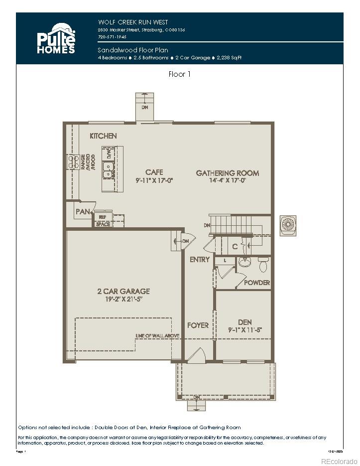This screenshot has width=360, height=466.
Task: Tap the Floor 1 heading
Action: (x=179, y=74)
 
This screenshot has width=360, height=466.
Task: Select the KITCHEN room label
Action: (x=103, y=136)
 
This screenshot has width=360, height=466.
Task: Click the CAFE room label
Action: (x=154, y=172)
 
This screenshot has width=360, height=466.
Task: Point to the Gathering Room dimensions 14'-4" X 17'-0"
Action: (x=228, y=180)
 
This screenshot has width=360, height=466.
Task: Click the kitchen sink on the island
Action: (x=107, y=169)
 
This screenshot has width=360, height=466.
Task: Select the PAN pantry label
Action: (x=82, y=212)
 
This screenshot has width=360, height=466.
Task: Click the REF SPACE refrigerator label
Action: (x=103, y=221)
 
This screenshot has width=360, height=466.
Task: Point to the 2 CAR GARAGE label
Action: (x=123, y=291)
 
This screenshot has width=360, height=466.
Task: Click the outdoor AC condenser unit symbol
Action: (x=288, y=224)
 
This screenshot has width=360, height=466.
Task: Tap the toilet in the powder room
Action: (x=263, y=263)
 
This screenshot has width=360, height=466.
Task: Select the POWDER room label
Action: (x=257, y=283)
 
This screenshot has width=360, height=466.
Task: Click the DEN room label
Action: (x=244, y=322)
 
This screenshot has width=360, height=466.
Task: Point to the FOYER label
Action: (x=198, y=325)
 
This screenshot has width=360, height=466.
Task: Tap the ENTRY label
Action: (x=200, y=260)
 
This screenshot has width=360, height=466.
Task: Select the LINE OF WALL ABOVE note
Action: (x=157, y=336)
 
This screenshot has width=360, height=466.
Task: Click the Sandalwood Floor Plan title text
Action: (x=133, y=50)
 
